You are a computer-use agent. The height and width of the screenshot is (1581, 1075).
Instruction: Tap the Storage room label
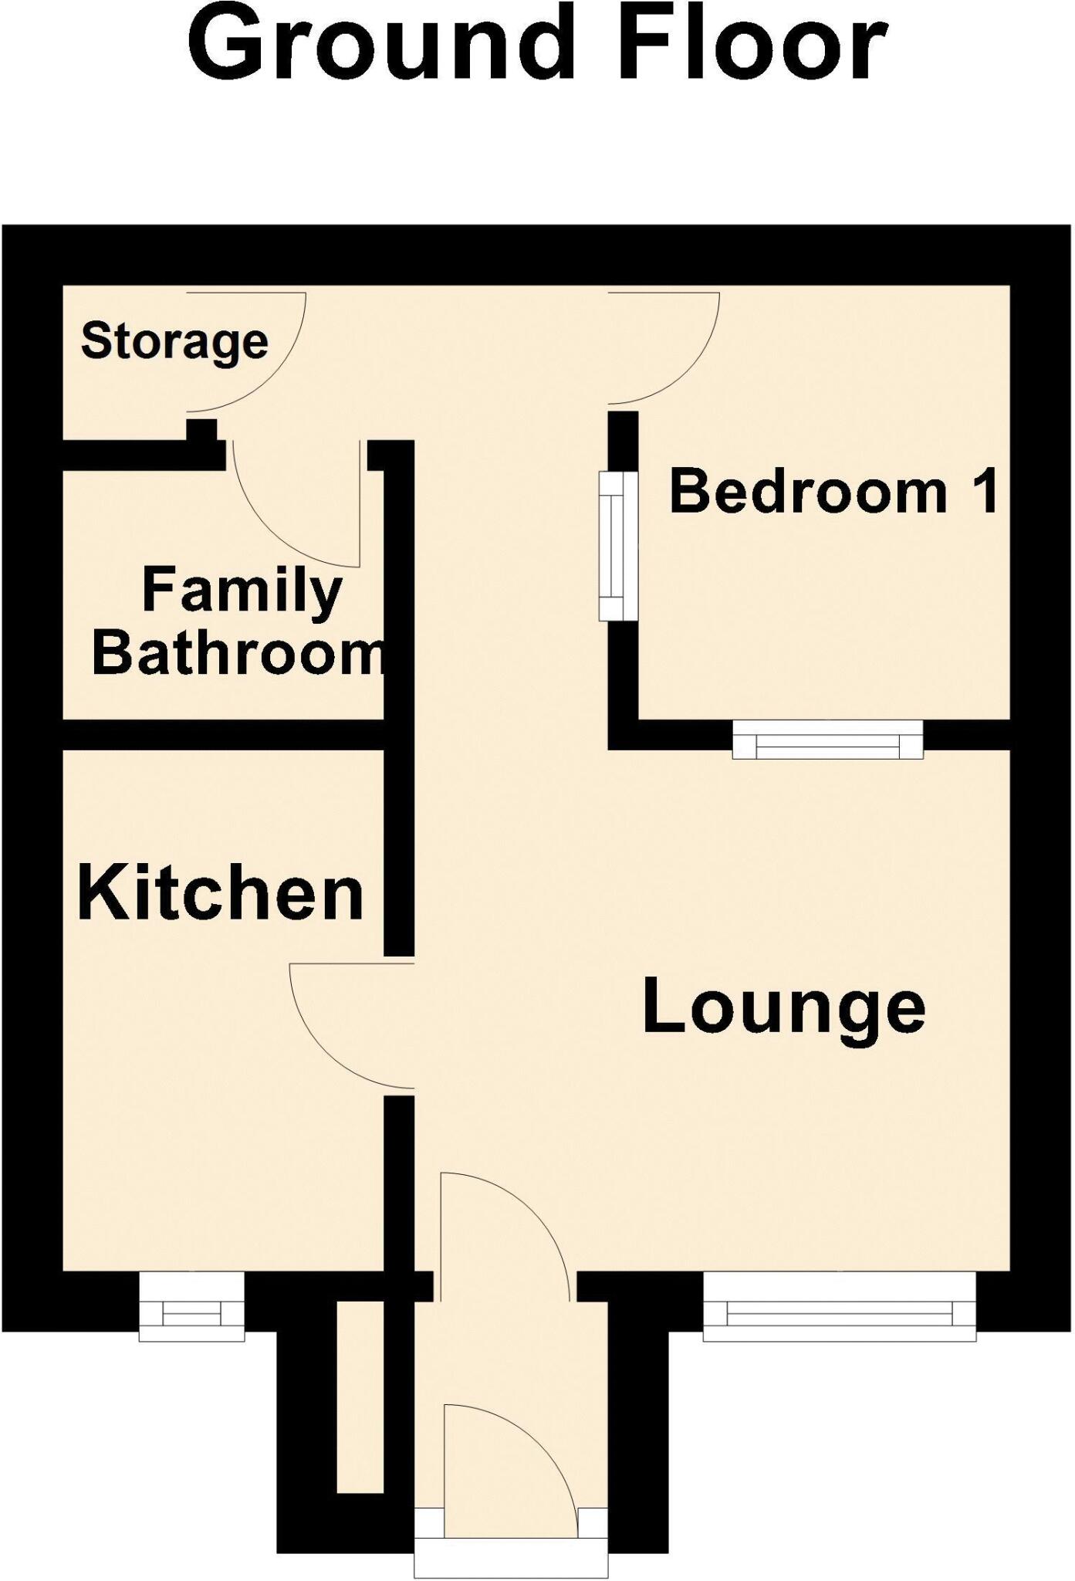174,341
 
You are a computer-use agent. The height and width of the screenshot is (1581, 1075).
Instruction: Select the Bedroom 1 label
833,492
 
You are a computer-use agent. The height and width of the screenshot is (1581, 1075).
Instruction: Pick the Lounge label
783,1007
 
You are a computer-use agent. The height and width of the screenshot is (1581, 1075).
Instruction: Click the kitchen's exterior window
192,1307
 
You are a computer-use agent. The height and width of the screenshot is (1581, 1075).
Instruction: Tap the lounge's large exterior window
839,1305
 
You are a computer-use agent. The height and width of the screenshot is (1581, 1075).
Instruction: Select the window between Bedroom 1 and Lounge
827,740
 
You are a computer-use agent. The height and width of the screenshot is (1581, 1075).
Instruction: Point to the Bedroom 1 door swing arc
687,371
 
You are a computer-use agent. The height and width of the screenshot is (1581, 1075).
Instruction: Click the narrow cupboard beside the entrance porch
360,1396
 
